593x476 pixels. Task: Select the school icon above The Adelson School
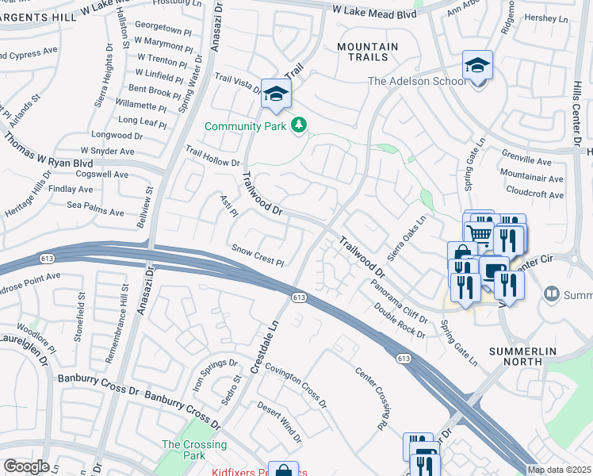[x=478, y=66]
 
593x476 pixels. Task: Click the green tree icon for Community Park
[x=299, y=125]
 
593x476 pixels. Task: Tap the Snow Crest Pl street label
[x=258, y=255]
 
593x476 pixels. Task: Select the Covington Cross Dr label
[x=296, y=385]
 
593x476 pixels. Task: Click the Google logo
[x=26, y=466]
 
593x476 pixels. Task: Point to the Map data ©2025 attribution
[x=559, y=470]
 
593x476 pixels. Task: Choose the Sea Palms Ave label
[x=95, y=213]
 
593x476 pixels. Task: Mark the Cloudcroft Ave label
[x=534, y=194]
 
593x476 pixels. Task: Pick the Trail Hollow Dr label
[x=212, y=155]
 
